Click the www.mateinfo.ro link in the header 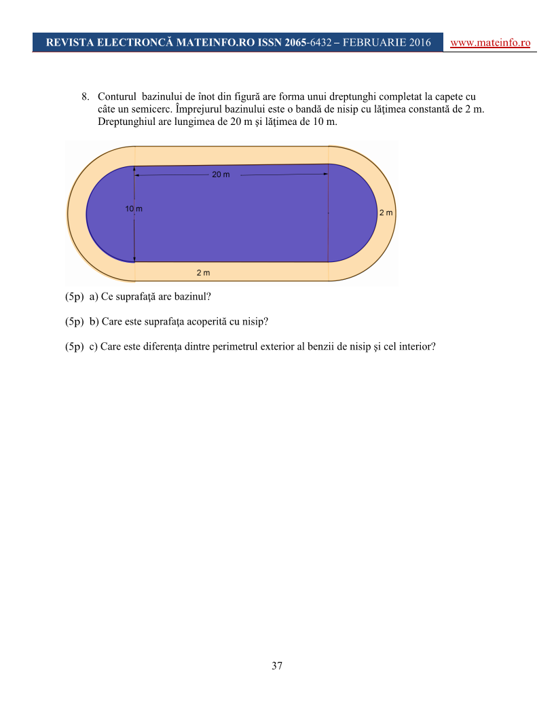tap(490, 42)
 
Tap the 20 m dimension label tap(221, 174)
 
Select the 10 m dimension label tap(134, 209)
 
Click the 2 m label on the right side tap(386, 213)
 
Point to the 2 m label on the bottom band tap(203, 273)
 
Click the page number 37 tap(277, 665)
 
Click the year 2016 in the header tap(419, 42)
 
